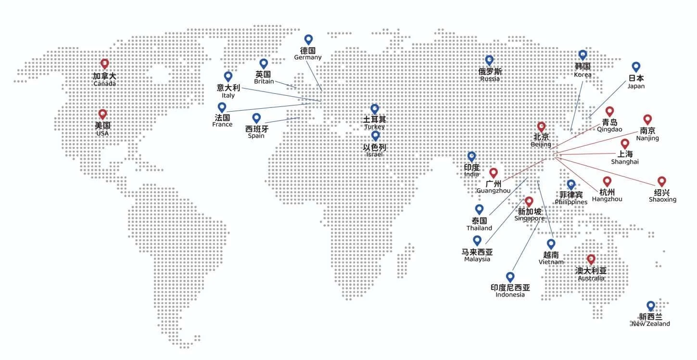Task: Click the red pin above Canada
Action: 104,64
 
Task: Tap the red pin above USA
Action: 102,114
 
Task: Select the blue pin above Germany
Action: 308,39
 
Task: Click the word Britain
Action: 264,81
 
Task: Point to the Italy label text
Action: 228,95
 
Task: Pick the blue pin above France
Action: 222,107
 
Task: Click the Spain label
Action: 256,136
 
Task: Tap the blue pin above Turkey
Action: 375,109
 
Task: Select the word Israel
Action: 374,154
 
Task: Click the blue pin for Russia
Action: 489,60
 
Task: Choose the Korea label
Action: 583,75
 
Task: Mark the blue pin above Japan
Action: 636,67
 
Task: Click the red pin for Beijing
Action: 541,127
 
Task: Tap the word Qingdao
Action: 609,129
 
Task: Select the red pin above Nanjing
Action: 647,119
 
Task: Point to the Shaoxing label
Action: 662,199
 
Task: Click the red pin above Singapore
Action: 529,201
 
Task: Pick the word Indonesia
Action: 510,295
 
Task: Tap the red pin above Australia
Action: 591,259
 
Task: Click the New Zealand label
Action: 650,324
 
